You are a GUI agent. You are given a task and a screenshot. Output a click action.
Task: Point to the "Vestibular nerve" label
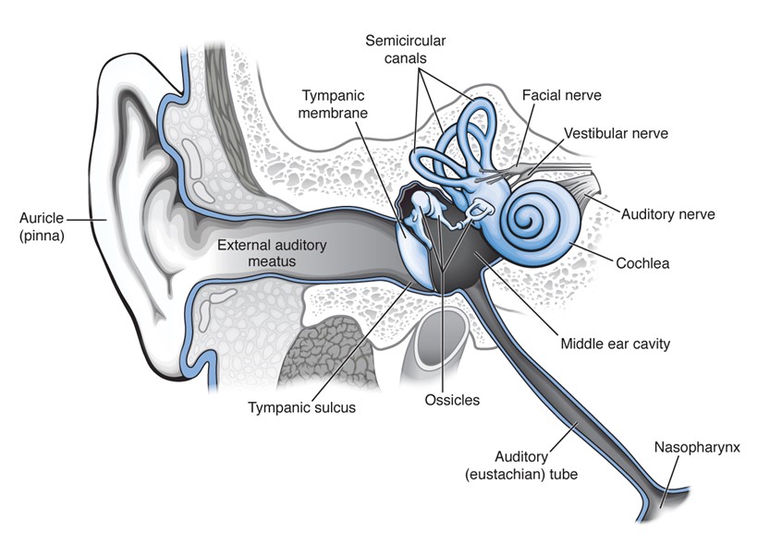[x=617, y=134]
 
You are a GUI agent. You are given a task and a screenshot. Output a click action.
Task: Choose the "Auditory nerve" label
[x=667, y=214]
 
